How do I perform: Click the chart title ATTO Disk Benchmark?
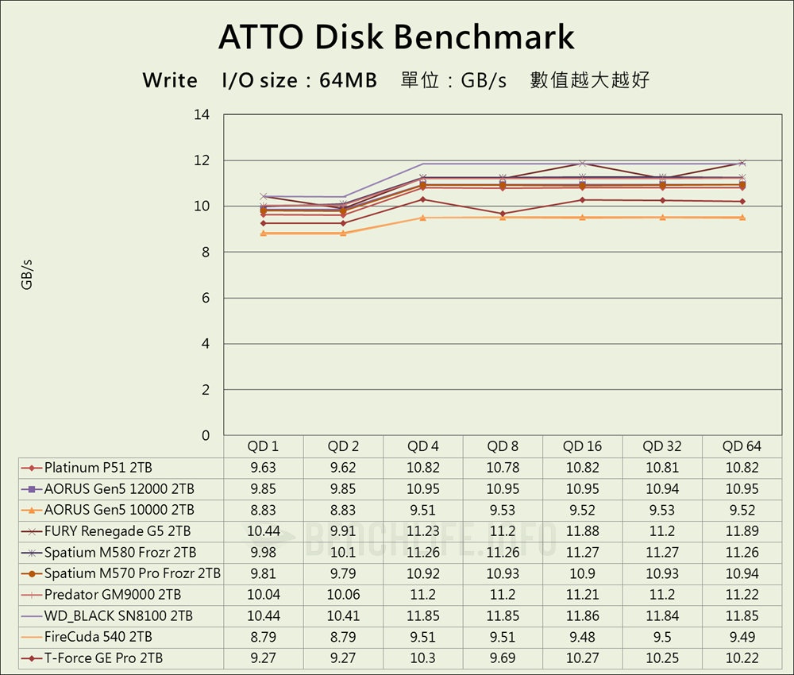point(396,37)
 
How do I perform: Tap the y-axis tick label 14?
point(202,115)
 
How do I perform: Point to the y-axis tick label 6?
point(205,298)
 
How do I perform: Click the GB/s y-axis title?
point(27,275)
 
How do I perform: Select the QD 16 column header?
point(583,446)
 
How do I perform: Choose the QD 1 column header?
point(264,446)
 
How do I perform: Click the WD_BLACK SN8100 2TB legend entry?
point(118,616)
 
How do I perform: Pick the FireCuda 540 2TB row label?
point(98,637)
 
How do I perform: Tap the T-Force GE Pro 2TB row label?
point(104,658)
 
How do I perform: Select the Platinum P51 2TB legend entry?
point(98,468)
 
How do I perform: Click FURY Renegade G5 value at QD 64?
point(742,531)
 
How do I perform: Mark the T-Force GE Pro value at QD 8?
point(503,658)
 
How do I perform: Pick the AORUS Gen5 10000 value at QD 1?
point(264,510)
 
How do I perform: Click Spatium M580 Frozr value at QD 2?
point(343,553)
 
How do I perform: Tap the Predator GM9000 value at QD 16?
point(583,595)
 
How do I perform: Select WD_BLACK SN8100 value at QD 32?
point(662,616)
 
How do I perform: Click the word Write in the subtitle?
point(170,80)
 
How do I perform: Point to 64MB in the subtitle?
point(348,80)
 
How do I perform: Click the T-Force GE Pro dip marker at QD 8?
point(503,214)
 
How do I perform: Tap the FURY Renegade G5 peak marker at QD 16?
point(583,164)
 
